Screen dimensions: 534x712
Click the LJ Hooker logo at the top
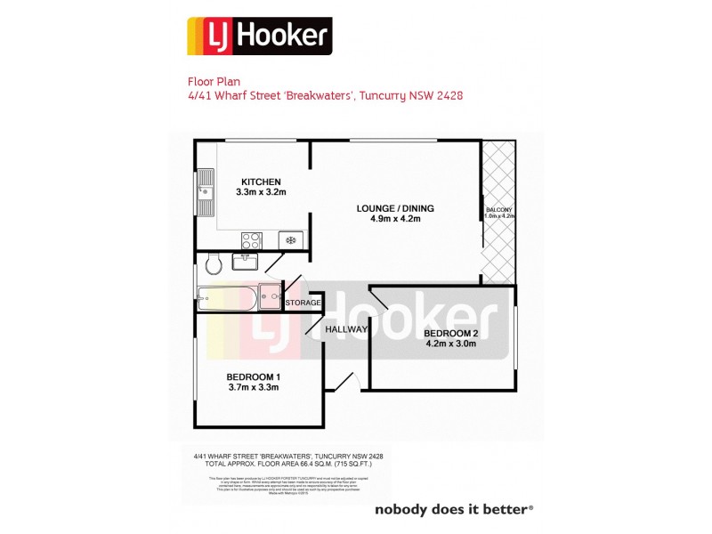coord(259,36)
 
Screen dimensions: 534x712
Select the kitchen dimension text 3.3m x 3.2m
coord(261,192)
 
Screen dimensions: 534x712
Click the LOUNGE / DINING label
coord(388,208)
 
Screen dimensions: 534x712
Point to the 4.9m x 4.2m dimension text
coord(388,219)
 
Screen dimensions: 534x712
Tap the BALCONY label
coord(497,210)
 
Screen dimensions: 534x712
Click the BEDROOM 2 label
coord(452,334)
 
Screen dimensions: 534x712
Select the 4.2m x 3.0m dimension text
coord(452,344)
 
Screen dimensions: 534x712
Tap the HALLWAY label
coord(345,329)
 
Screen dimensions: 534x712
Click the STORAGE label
coord(302,303)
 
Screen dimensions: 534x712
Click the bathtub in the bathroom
coord(228,297)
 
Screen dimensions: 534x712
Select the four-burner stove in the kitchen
coord(251,239)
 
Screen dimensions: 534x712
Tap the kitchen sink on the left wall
coord(206,191)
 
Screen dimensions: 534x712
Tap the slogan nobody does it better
coord(453,510)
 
